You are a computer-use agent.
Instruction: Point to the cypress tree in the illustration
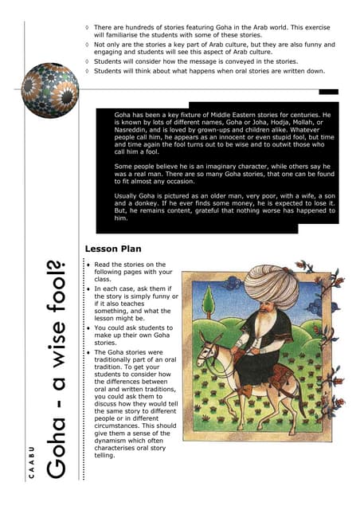point(209,302)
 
